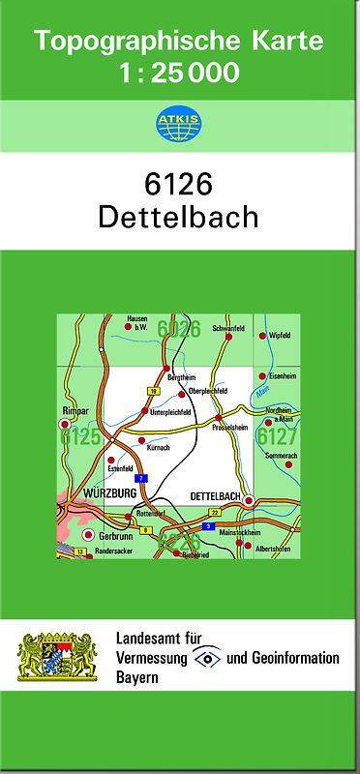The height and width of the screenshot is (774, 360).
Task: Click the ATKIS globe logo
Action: (179, 123)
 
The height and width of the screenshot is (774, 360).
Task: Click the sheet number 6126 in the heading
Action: (179, 184)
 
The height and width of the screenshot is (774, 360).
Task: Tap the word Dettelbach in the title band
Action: (179, 216)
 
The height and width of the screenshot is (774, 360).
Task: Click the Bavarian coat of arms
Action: (59, 658)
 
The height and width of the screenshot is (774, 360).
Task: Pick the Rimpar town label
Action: (75, 410)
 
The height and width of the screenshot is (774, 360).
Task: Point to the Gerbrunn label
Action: (118, 534)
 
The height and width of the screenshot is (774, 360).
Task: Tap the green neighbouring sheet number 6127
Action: (277, 436)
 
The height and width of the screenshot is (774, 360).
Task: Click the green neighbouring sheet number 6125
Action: (80, 437)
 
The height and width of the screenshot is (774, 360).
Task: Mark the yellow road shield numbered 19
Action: (152, 390)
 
